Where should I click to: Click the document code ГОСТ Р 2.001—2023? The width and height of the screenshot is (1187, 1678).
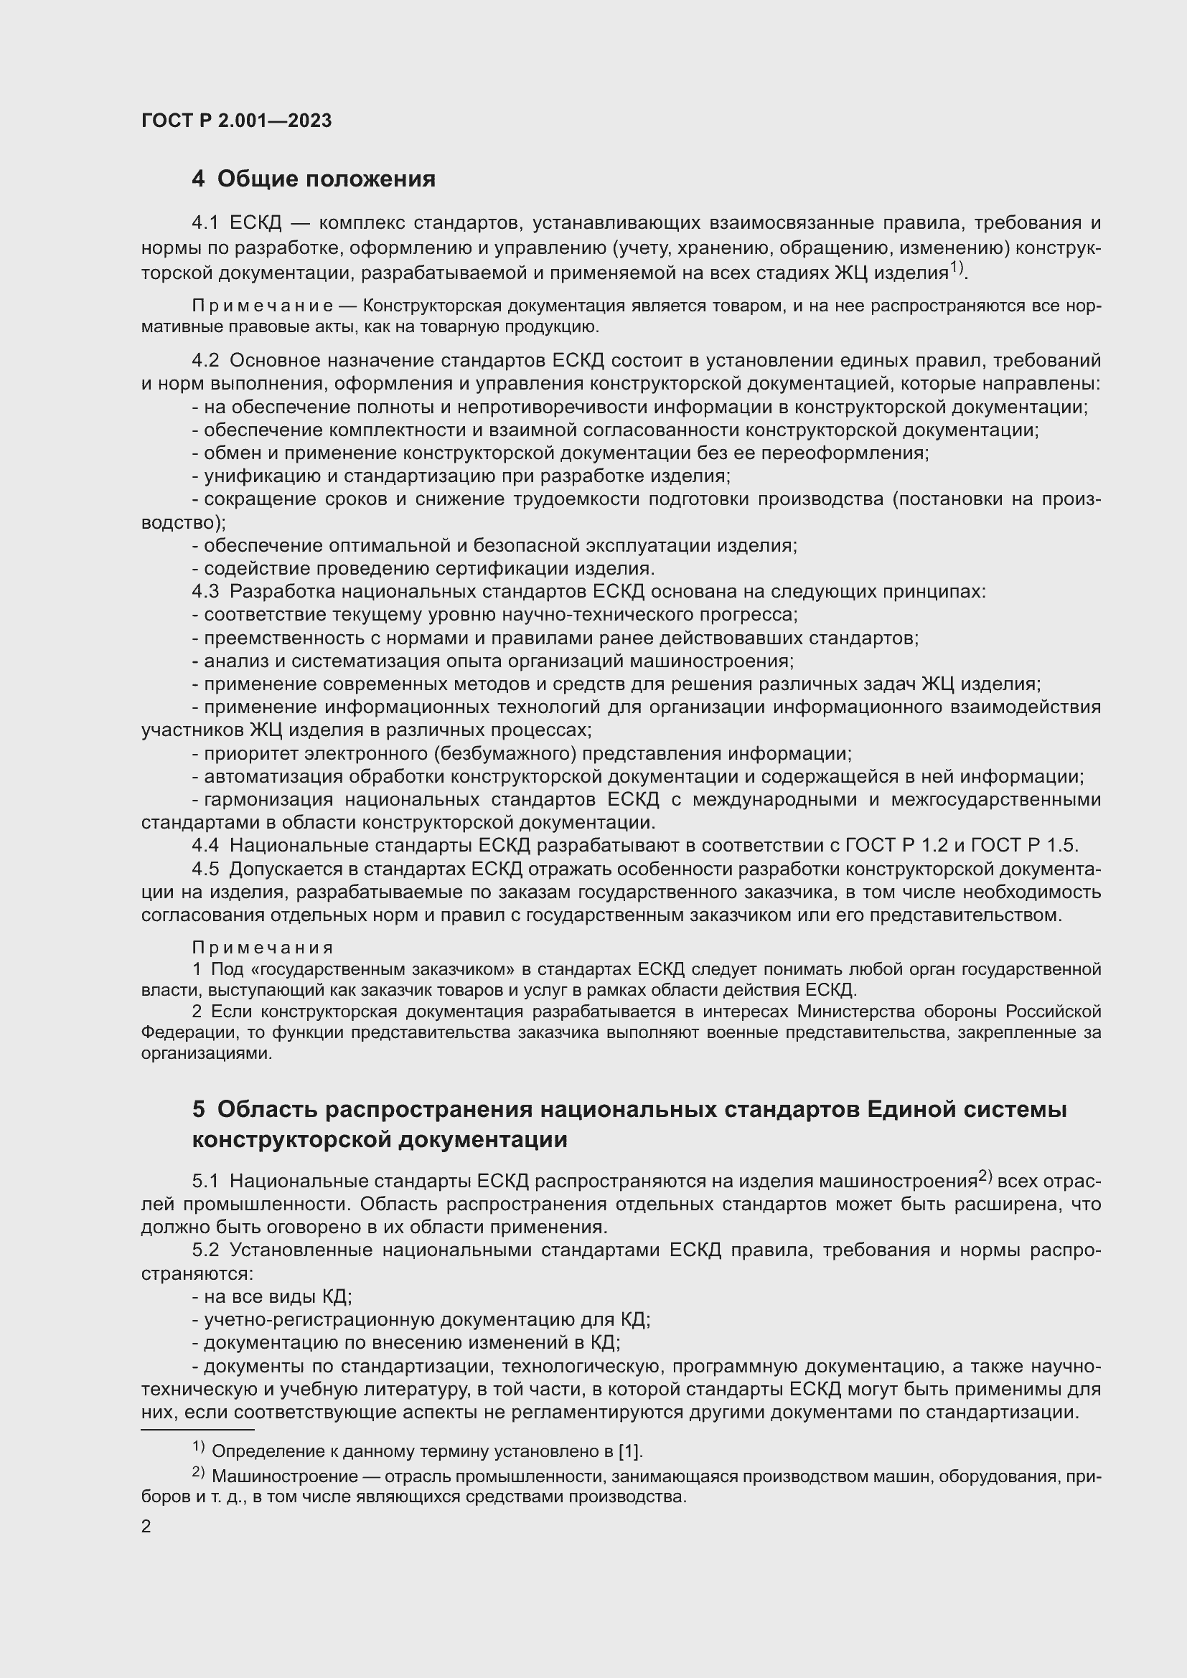pos(236,121)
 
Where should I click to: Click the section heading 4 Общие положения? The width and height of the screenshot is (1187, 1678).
pos(314,179)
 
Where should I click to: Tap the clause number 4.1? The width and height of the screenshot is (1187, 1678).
pos(205,223)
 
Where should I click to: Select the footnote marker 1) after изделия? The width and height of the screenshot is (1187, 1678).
pos(957,268)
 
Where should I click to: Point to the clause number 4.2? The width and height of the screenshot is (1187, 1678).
pos(205,360)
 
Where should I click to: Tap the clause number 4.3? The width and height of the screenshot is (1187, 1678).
pos(205,591)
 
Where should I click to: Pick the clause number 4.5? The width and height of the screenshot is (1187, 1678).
pos(205,869)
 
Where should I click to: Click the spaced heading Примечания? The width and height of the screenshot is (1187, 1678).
pos(263,948)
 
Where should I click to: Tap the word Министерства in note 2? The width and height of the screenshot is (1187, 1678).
pos(855,1012)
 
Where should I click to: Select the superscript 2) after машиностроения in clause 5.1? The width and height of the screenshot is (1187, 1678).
pos(985,1176)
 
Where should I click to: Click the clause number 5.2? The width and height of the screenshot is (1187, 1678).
pos(205,1250)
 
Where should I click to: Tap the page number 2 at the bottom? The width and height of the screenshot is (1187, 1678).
pos(146,1526)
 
